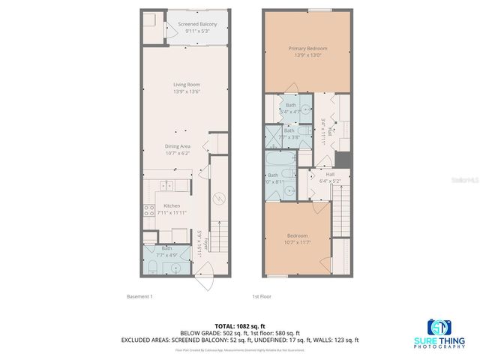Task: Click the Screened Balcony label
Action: (x=197, y=28)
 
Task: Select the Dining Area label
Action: (x=177, y=150)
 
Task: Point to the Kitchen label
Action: (x=172, y=209)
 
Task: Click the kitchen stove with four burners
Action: (x=148, y=211)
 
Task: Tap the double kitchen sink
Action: (x=166, y=185)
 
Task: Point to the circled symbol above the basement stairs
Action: (x=219, y=199)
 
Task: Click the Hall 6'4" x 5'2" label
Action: (x=330, y=177)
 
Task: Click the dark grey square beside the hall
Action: (x=343, y=160)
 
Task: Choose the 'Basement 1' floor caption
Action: (x=139, y=296)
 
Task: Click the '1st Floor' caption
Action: (x=261, y=296)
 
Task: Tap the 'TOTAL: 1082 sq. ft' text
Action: (x=240, y=326)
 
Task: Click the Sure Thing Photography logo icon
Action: (x=439, y=328)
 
